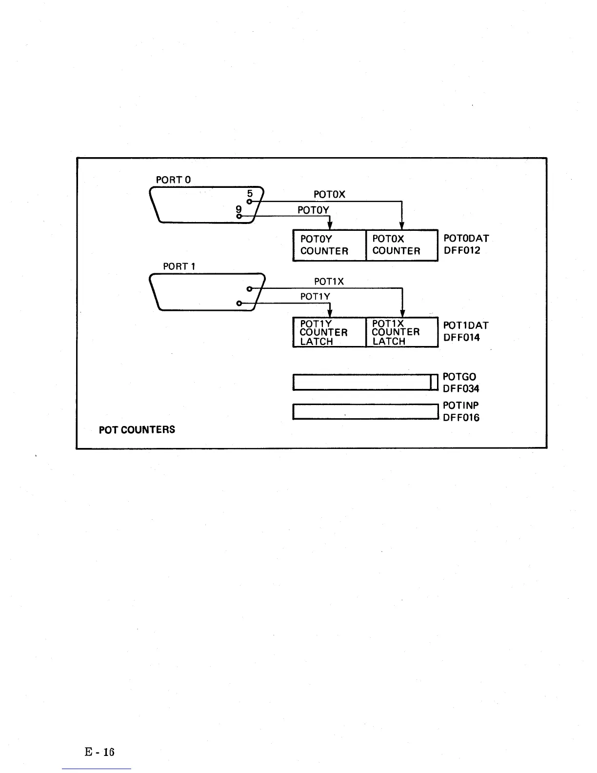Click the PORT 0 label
tap(173, 180)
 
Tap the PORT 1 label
tap(179, 266)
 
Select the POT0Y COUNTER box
tap(329, 245)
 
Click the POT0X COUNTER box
tap(401, 245)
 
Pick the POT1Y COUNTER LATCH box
tap(329, 332)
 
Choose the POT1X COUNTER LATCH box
tap(401, 332)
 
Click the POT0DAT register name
tap(466, 239)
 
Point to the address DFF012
tap(462, 250)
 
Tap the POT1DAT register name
tap(466, 325)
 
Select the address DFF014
tap(461, 337)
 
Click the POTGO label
tap(459, 377)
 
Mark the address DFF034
tap(461, 388)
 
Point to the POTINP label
tap(461, 406)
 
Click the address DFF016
tap(461, 417)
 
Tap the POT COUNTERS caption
tap(137, 430)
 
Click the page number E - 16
tap(99, 752)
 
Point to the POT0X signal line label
tap(329, 194)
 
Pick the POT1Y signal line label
tap(315, 296)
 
